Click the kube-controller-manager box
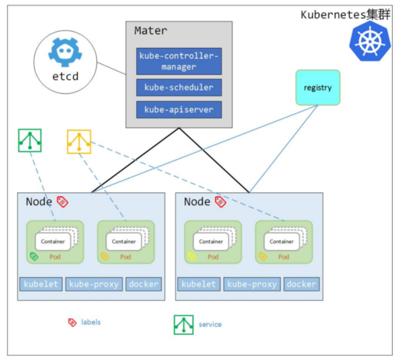(179, 61)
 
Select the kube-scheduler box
(179, 87)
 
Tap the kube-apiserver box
(179, 110)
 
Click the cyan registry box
(318, 87)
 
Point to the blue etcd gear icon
(65, 52)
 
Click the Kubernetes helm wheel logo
(370, 41)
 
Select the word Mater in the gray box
(151, 31)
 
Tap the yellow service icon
(79, 142)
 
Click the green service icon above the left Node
(30, 140)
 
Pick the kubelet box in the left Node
(41, 284)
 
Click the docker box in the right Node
(302, 284)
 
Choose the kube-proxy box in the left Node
(94, 284)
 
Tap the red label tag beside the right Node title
(220, 202)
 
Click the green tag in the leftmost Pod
(34, 257)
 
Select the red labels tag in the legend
(72, 322)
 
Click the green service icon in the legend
(184, 325)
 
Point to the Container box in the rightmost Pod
(282, 241)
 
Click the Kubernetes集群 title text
(345, 14)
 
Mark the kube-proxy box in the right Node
(252, 284)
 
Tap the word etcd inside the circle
(65, 76)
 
